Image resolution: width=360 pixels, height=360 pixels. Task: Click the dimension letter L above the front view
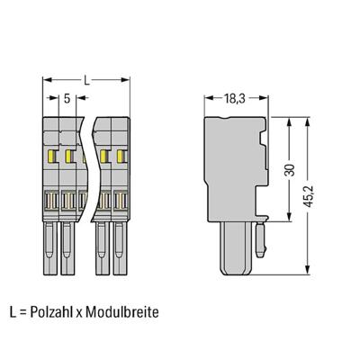tap(86, 81)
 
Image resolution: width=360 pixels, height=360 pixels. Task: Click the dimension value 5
tap(67, 100)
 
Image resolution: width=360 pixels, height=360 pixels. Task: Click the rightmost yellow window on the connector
tap(119, 157)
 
